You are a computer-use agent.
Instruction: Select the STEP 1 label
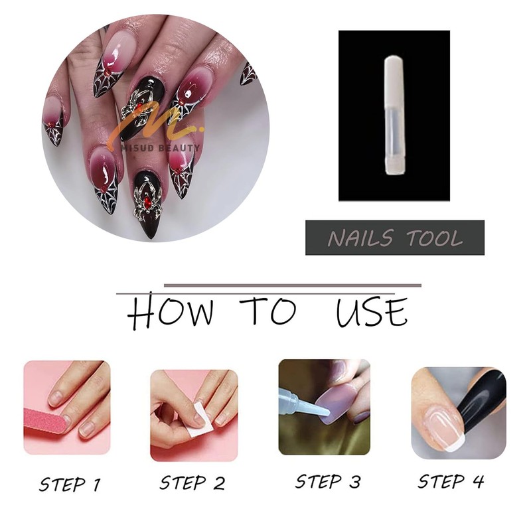click(x=69, y=483)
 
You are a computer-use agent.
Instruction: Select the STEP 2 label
click(x=193, y=484)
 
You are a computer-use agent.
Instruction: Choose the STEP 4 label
click(x=451, y=481)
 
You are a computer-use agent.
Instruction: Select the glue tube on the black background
click(x=394, y=116)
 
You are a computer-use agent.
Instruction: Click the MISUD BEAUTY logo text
click(x=163, y=148)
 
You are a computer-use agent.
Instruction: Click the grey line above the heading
click(x=292, y=285)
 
